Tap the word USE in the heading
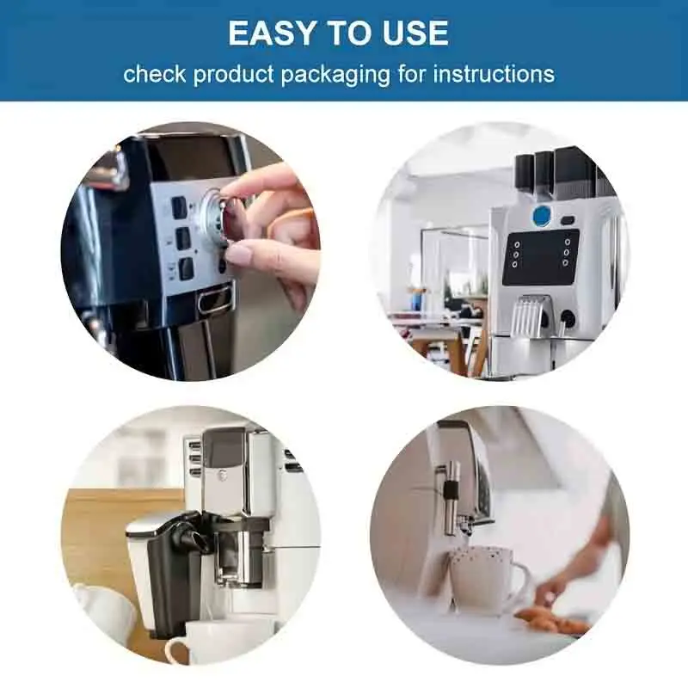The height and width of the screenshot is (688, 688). click(417, 33)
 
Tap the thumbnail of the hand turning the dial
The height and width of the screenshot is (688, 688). click(191, 250)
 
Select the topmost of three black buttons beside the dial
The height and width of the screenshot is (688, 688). click(179, 207)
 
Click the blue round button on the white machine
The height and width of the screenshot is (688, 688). click(542, 215)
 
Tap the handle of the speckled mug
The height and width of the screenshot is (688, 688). click(519, 585)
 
